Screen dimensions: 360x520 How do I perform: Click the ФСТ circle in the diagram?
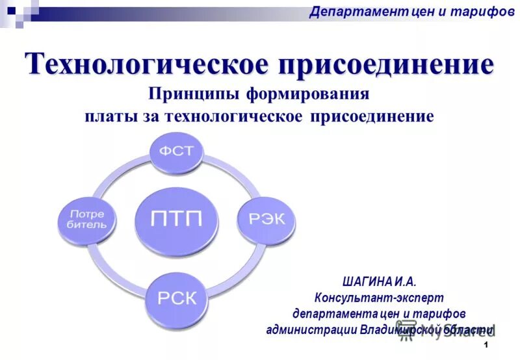click(177, 151)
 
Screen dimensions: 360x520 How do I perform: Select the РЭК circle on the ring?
click(267, 219)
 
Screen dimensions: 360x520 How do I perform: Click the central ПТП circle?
click(176, 218)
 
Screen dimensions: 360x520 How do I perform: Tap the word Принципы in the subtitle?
click(194, 94)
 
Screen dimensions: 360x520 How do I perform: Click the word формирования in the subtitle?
click(307, 94)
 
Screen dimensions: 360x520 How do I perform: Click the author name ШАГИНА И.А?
click(378, 281)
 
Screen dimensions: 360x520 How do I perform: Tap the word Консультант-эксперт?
click(379, 298)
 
